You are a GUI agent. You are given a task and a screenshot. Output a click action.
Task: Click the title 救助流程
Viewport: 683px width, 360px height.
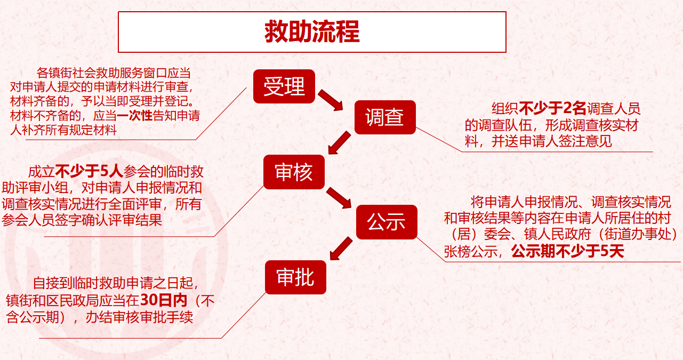(x=312, y=32)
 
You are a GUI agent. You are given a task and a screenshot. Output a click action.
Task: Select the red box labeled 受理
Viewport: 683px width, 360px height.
(x=284, y=86)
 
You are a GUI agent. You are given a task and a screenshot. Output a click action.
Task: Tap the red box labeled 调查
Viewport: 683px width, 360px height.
(x=384, y=117)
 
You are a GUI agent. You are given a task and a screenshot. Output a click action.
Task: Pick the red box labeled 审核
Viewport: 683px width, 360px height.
(x=294, y=172)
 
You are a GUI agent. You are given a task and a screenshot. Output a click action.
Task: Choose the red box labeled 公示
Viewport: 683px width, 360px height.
(x=386, y=222)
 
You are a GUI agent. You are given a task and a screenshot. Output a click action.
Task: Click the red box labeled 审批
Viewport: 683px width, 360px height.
(x=295, y=277)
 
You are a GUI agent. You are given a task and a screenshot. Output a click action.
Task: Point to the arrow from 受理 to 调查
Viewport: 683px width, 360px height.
(x=331, y=100)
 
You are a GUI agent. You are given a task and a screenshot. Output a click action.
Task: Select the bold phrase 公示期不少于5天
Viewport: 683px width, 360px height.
(x=567, y=252)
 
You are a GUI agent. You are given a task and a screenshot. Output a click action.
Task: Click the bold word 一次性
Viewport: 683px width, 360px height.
(x=134, y=115)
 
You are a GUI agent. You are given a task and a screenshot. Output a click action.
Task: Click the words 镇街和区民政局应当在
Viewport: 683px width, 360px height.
(x=73, y=301)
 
